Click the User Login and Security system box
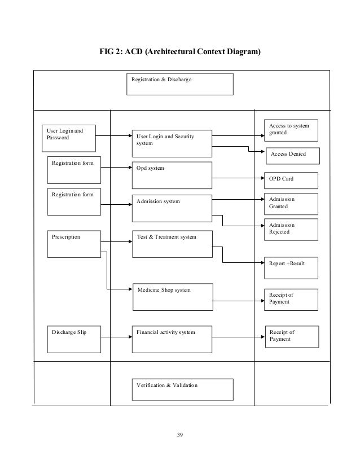pos(172,142)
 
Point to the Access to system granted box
pos(291,129)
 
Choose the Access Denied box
pos(293,155)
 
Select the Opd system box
pos(172,175)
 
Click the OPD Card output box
pos(291,180)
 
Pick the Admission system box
pos(172,208)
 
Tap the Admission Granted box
pos(291,204)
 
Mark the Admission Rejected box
pos(291,229)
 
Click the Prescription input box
pos(74,244)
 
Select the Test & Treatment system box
pos(172,244)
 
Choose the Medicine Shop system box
pos(173,297)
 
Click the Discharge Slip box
pos(74,338)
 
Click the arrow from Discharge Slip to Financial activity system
pos(117,337)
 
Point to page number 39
pos(180,434)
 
